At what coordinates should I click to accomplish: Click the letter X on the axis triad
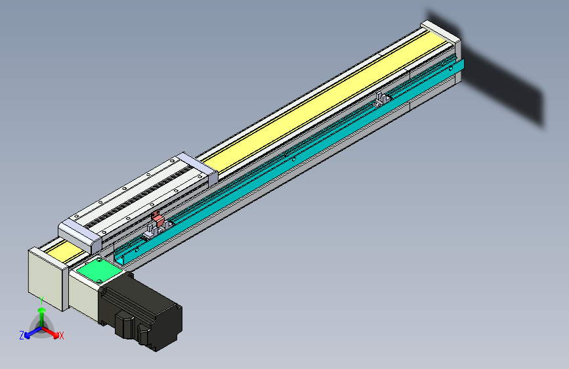pos(62,336)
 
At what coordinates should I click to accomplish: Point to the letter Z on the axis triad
pos(22,336)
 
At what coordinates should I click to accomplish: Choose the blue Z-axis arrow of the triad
pos(30,334)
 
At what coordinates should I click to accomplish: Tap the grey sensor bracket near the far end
pos(381,100)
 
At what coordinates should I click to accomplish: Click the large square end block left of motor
pos(45,276)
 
